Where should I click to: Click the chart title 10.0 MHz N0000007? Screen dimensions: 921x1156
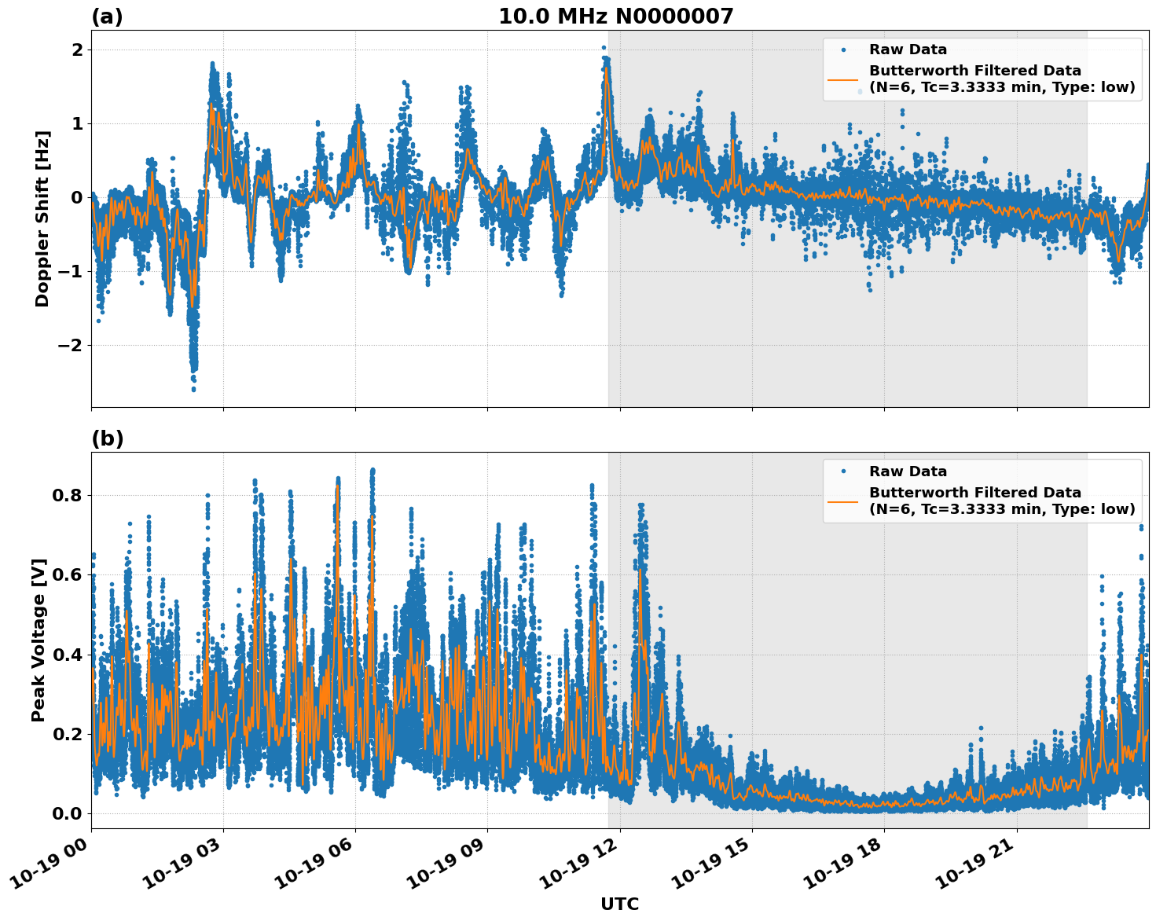click(615, 17)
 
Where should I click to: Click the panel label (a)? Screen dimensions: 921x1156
click(107, 17)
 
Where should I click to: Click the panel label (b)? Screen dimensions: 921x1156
click(107, 438)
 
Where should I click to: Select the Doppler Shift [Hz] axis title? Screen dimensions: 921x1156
click(42, 218)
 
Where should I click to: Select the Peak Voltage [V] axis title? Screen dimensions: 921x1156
click(39, 640)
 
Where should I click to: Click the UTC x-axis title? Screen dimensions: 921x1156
click(619, 904)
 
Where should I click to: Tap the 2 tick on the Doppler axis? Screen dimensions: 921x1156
click(77, 50)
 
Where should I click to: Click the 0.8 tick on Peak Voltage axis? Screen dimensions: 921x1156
click(68, 495)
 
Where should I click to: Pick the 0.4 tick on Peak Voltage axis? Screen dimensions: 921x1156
click(68, 655)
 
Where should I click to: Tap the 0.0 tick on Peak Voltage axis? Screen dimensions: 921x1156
click(68, 813)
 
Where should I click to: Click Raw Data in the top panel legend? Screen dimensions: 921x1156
click(908, 50)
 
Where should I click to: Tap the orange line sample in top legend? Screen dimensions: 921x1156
click(842, 79)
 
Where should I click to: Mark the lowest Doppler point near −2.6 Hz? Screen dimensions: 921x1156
click(193, 389)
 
